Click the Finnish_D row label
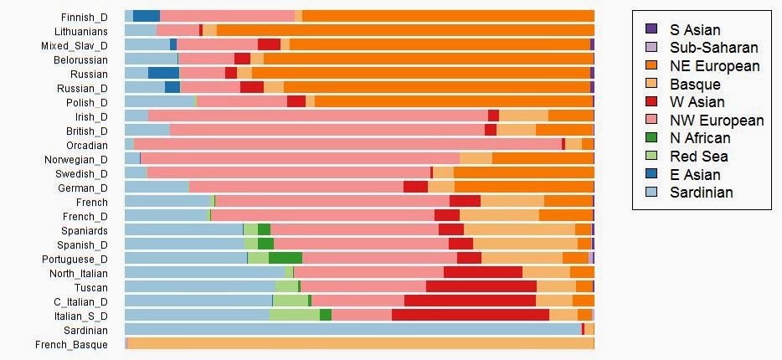click(x=84, y=17)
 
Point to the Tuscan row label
click(x=91, y=287)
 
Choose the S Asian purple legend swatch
click(x=652, y=29)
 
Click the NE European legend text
click(x=714, y=66)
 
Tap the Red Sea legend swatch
click(x=652, y=157)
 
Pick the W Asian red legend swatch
click(x=652, y=102)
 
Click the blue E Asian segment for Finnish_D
click(x=146, y=16)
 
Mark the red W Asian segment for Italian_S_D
click(x=470, y=315)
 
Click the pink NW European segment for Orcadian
click(x=347, y=144)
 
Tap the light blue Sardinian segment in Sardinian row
click(x=352, y=329)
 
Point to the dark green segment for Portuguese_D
click(x=285, y=258)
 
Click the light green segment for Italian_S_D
click(x=294, y=315)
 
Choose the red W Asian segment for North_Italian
click(x=482, y=272)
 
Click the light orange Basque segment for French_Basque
click(x=360, y=343)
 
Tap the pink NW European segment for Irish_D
click(x=317, y=116)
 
